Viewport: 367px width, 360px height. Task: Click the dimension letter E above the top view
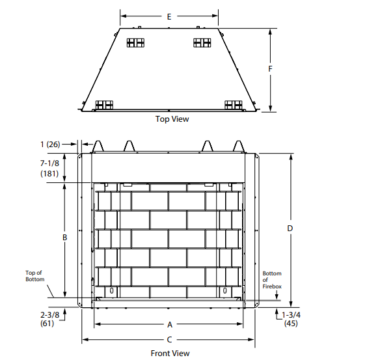[x=169, y=17]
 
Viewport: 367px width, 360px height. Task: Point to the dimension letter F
[x=270, y=69]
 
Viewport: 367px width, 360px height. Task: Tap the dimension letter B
[x=65, y=238]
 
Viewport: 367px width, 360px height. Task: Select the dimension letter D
[x=290, y=228]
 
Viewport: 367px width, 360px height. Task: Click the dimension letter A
[x=170, y=325]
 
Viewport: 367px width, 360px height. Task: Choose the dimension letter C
[x=169, y=340]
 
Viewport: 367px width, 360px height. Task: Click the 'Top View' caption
[x=172, y=119]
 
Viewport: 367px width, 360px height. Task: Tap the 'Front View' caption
[x=170, y=353]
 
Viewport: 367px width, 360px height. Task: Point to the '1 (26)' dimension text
[x=50, y=145]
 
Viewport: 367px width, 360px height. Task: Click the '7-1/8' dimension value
[x=49, y=163]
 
